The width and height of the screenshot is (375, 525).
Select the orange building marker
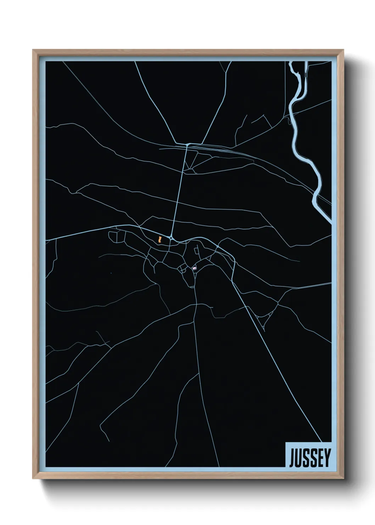tap(161, 239)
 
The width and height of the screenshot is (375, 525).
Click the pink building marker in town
tap(194, 269)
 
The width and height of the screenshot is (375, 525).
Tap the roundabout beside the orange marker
tap(171, 238)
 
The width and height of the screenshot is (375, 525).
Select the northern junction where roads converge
tap(187, 145)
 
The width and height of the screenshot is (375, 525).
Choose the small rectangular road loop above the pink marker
tap(197, 251)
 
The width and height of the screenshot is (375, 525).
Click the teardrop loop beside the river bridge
tap(289, 121)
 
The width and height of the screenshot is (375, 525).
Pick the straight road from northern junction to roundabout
tap(179, 192)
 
